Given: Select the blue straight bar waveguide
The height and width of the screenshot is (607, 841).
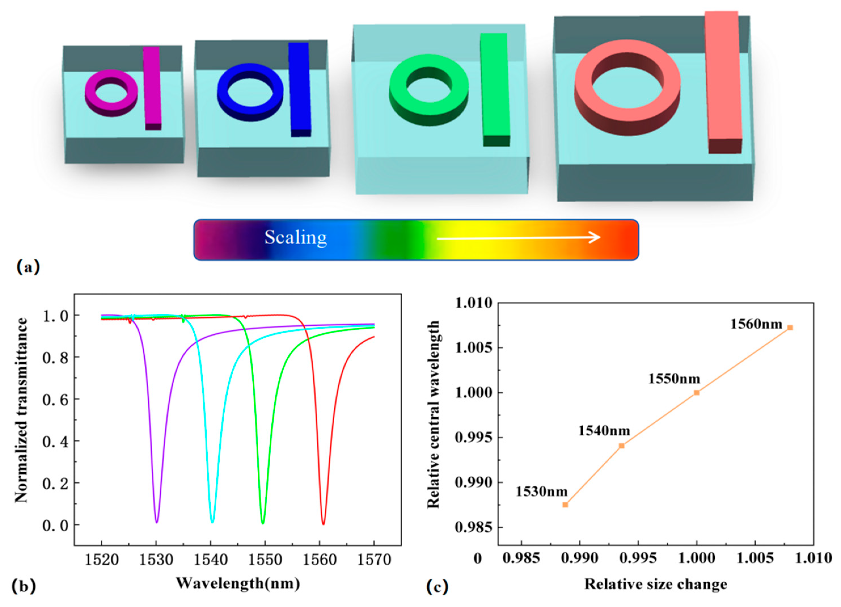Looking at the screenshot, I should (x=300, y=89).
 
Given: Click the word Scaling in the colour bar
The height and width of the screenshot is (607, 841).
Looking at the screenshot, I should (x=295, y=237).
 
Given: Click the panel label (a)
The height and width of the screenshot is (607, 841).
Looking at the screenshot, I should (x=28, y=267).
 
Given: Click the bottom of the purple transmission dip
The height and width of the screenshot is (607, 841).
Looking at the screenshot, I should (x=157, y=521).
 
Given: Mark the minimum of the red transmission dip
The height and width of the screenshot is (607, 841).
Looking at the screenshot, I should (x=323, y=523).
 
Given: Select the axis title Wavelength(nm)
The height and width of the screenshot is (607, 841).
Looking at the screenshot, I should (x=238, y=583).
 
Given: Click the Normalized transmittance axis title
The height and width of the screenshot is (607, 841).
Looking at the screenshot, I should (x=22, y=410).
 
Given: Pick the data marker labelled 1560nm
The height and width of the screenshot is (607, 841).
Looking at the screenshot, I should (x=790, y=328).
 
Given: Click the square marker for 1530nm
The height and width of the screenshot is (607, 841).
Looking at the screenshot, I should (x=565, y=505).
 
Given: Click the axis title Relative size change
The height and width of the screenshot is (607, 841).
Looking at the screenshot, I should (x=656, y=584).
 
